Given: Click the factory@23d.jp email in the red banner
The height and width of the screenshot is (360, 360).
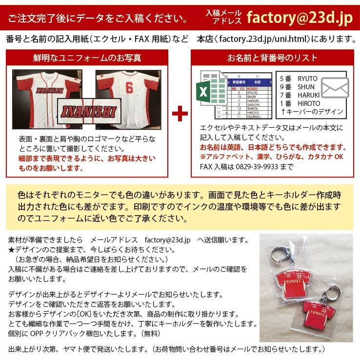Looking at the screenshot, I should [x=299, y=18].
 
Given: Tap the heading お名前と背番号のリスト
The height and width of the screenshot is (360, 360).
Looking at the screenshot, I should [x=272, y=59].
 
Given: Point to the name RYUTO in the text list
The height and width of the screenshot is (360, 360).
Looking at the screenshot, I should [x=307, y=78].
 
